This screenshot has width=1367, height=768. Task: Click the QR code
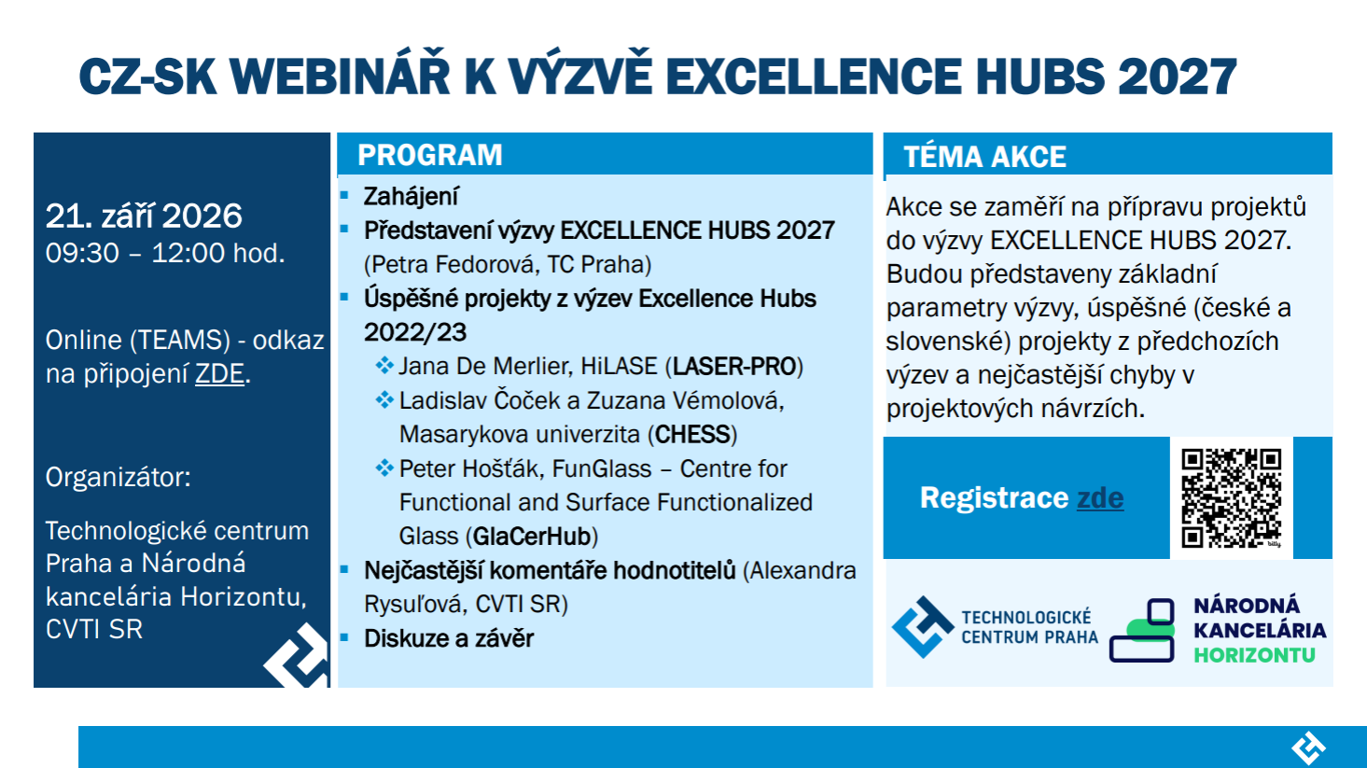click(1231, 497)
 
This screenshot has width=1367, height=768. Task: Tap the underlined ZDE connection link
click(219, 373)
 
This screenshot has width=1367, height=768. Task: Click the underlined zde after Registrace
click(1100, 497)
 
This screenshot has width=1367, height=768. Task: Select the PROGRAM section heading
click(429, 155)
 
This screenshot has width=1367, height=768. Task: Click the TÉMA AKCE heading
click(985, 156)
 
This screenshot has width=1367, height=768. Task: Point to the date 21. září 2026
click(144, 216)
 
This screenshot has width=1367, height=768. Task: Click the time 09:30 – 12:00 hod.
click(165, 253)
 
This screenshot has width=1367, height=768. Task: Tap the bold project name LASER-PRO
click(733, 367)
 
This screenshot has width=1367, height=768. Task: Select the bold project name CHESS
click(692, 435)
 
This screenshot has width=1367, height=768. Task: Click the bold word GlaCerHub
click(532, 536)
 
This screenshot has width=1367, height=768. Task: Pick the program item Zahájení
click(411, 197)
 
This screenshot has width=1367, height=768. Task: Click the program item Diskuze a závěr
click(449, 638)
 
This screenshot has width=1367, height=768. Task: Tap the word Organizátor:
click(118, 477)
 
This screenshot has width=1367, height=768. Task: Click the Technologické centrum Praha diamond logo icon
click(923, 627)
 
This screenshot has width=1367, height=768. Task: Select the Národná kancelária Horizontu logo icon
click(1142, 630)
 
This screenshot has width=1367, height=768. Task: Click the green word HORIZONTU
click(1255, 655)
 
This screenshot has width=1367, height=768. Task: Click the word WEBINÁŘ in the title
click(340, 77)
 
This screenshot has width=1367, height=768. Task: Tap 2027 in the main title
click(1178, 77)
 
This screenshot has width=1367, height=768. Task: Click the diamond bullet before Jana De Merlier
click(384, 366)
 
